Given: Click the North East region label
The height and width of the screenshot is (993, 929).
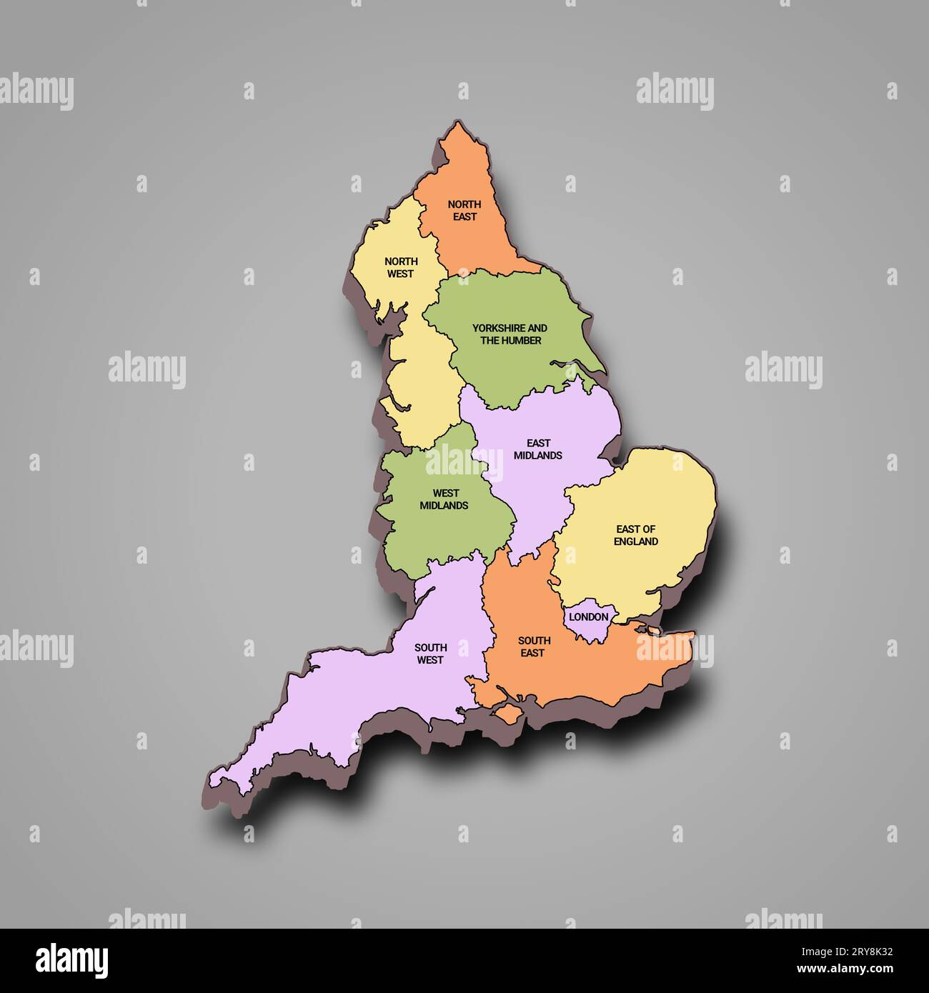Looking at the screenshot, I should click(464, 210).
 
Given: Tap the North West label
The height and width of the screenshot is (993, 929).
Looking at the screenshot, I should click(401, 267).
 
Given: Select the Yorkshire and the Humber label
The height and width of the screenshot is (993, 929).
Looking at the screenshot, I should click(510, 334).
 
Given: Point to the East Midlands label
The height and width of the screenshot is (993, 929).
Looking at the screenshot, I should click(537, 449).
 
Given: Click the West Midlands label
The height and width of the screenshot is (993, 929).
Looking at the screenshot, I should click(444, 499).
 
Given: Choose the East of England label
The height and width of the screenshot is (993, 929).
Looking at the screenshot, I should click(635, 535).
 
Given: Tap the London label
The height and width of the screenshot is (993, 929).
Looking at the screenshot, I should click(589, 617).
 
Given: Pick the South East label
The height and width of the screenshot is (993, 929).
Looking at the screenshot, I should click(534, 647).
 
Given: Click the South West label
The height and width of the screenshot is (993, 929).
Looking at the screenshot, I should click(430, 654).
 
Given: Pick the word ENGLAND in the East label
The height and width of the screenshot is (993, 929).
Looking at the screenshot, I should click(635, 542).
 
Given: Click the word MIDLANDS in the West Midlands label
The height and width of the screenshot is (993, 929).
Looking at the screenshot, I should click(444, 505).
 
